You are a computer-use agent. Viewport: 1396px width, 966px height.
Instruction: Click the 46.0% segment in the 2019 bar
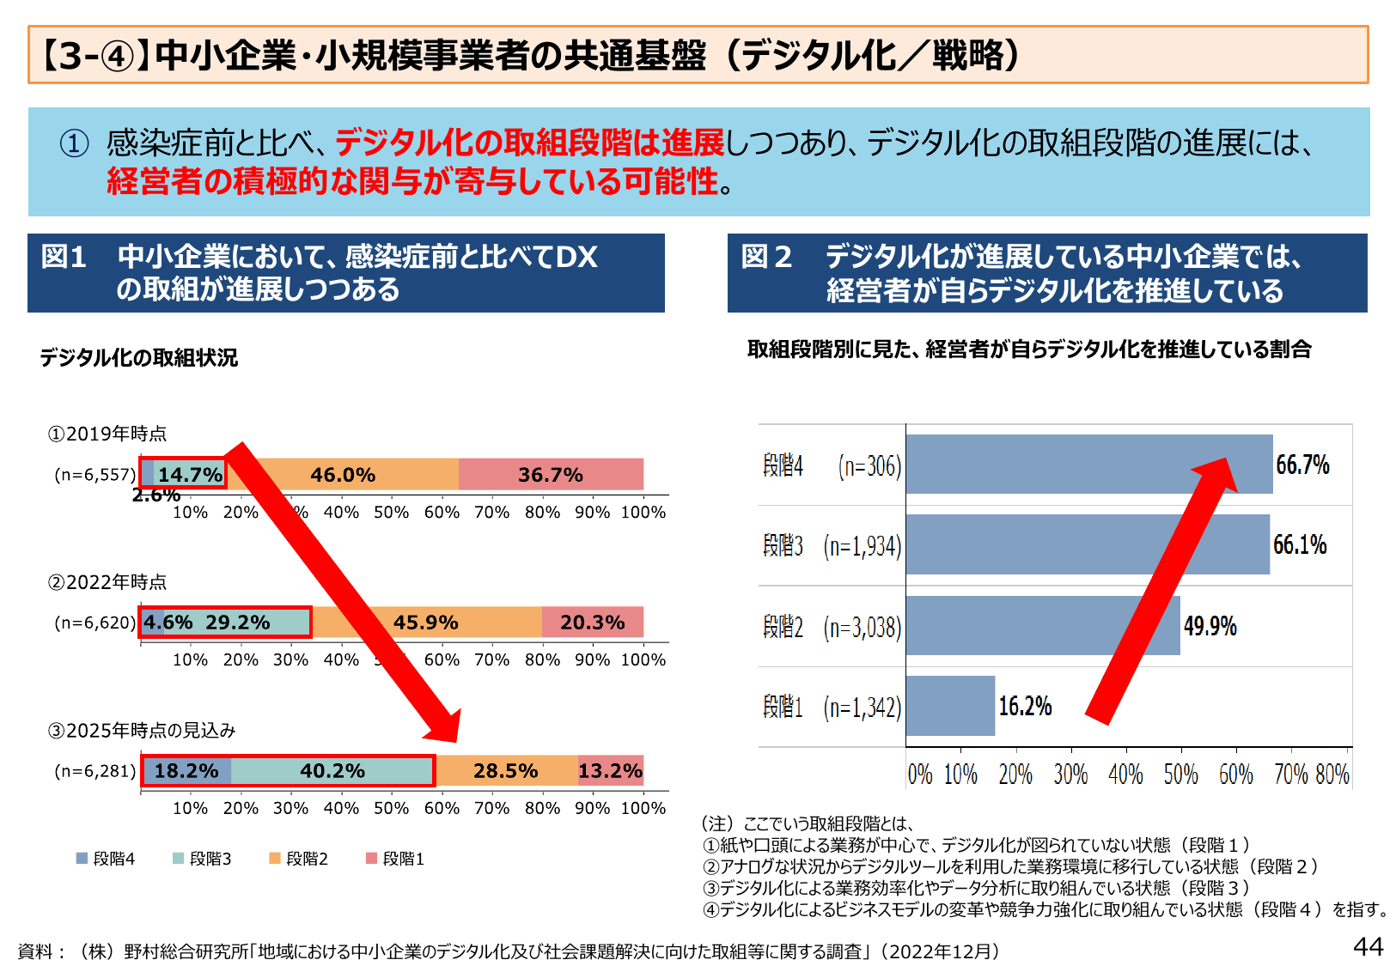(x=343, y=475)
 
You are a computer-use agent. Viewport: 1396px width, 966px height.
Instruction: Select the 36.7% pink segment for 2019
(x=551, y=475)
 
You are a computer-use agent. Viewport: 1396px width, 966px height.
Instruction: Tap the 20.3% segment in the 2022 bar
(x=593, y=623)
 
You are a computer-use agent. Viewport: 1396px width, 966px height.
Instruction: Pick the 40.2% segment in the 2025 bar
(x=332, y=771)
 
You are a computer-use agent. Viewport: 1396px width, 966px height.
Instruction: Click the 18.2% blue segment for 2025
(x=186, y=771)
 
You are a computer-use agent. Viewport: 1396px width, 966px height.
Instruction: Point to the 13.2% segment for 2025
(x=611, y=771)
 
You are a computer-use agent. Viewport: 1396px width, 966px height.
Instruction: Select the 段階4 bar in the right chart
(x=1088, y=465)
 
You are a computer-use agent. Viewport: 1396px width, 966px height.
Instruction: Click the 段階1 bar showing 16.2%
(x=950, y=706)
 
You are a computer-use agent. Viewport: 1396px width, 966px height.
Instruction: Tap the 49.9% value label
(x=1210, y=626)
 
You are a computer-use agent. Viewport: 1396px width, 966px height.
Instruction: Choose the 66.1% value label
(x=1300, y=544)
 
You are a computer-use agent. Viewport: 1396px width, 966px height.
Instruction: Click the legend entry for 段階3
(x=203, y=859)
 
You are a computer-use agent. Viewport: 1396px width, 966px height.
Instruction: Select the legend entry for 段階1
(x=395, y=859)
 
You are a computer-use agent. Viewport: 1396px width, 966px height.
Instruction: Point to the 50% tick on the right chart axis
(x=1180, y=775)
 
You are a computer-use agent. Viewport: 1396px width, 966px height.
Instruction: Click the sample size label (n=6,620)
(x=94, y=623)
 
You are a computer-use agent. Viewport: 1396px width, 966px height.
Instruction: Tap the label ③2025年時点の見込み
(x=142, y=731)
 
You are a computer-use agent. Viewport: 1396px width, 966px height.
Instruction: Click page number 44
(x=1368, y=946)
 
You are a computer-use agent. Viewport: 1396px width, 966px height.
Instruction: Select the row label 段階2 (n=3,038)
(x=832, y=628)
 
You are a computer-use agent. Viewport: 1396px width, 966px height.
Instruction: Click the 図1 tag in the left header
(x=64, y=257)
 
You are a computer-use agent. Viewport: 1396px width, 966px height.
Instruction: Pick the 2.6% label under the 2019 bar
(x=155, y=495)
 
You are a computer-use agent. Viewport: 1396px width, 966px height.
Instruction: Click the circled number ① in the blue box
(x=75, y=143)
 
